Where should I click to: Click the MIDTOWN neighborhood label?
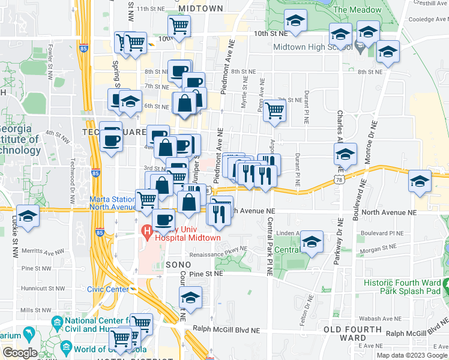pos(200,8)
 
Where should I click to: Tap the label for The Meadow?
pos(357,10)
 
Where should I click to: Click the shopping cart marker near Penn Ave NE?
pos(274,109)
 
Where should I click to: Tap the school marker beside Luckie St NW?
pos(28,215)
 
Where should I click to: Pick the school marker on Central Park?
pos(312,241)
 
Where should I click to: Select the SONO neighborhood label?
pos(178,265)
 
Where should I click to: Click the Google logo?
pos(20,353)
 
